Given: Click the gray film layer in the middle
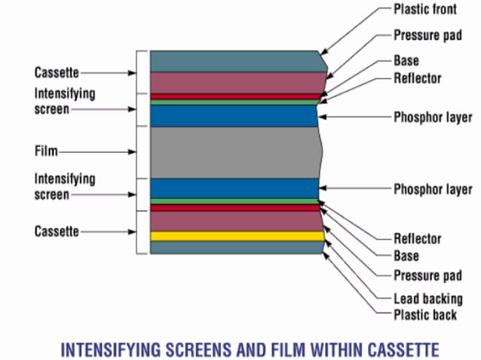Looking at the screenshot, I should pos(234,152).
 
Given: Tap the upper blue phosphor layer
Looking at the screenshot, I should pos(234,115).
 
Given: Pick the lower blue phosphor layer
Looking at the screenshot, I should pos(234,188).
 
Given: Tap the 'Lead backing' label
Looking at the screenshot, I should pos(427,298).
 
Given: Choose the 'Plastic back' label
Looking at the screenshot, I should pos(424,314).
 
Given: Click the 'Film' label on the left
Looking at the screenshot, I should pos(46,151).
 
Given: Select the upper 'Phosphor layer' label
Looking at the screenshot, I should pos(432,117).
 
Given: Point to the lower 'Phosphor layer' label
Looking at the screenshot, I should pos(432,189).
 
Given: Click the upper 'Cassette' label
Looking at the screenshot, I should pos(57,73).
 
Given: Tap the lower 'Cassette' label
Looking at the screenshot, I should pos(57,230).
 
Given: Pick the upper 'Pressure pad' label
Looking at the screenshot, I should pos(427,35).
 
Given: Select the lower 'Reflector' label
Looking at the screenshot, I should pos(417,238).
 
